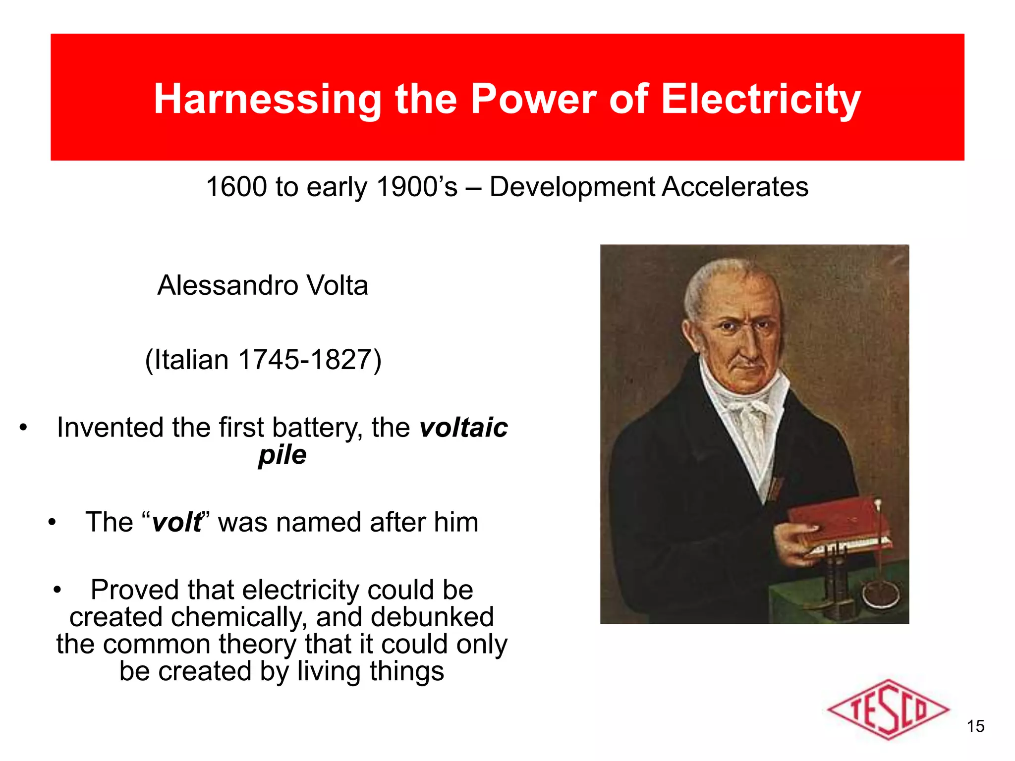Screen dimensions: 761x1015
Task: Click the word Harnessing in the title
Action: (x=267, y=99)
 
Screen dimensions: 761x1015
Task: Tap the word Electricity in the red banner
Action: (x=761, y=99)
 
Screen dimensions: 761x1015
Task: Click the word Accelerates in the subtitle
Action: (x=735, y=187)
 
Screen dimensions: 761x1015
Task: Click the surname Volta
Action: (x=338, y=285)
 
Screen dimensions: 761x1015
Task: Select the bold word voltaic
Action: (x=463, y=428)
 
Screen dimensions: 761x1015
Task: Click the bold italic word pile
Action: (x=282, y=455)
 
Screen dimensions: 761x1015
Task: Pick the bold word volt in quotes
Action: (x=176, y=522)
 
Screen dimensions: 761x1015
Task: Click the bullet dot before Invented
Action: (x=23, y=428)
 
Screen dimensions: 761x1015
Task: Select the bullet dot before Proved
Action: (x=57, y=590)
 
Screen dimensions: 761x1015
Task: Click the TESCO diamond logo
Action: (x=888, y=709)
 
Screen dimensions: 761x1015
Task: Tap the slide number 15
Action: (x=975, y=726)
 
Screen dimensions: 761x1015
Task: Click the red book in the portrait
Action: (x=838, y=525)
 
